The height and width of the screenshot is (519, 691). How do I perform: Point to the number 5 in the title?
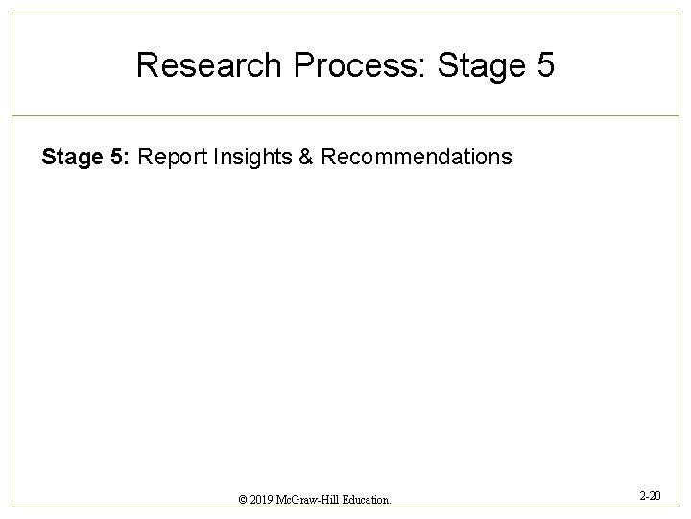click(x=543, y=65)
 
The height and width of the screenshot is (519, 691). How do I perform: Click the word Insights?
click(x=252, y=157)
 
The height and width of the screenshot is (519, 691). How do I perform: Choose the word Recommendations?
click(x=417, y=157)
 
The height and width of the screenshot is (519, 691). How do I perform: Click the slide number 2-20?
click(x=649, y=495)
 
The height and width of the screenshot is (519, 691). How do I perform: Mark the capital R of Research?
click(x=147, y=65)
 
